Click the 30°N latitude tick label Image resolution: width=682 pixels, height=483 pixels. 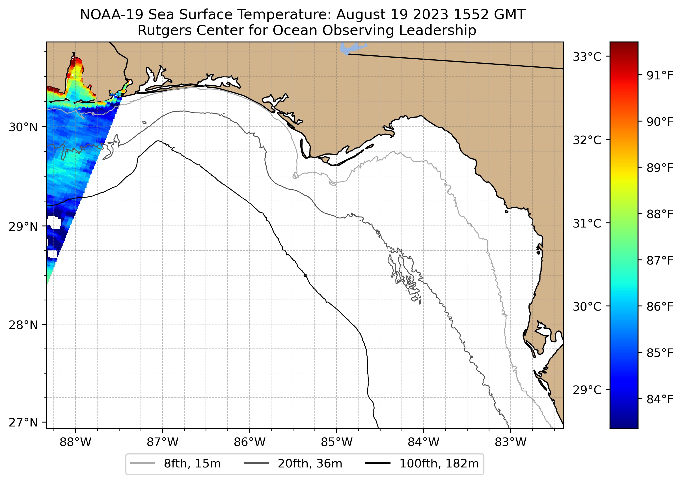point(23,127)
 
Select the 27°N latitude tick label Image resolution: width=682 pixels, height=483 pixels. point(23,422)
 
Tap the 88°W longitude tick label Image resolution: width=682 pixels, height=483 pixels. point(75,442)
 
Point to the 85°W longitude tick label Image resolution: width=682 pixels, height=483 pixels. point(336,442)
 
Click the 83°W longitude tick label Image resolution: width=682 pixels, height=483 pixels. point(511,442)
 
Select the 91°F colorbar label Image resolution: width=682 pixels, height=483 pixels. point(660,76)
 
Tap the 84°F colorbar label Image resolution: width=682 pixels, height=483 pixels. point(660,399)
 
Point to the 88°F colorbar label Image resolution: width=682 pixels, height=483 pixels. point(660,214)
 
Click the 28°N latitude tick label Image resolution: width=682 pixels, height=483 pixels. point(23,325)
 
